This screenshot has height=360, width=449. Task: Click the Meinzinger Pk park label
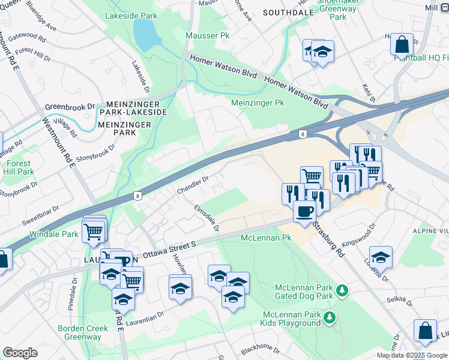(258, 103)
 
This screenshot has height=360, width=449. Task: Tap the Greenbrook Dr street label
(70, 107)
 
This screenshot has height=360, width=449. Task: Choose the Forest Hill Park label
(17, 167)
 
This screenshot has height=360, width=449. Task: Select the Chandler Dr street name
(192, 185)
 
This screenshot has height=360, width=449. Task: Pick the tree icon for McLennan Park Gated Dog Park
(342, 291)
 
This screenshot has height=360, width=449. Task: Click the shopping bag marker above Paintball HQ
(402, 44)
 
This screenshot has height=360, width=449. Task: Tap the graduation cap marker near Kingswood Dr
(381, 257)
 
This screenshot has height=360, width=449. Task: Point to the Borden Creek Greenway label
(83, 332)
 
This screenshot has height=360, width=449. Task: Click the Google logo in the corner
(20, 353)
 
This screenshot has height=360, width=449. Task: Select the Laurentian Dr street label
(145, 316)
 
